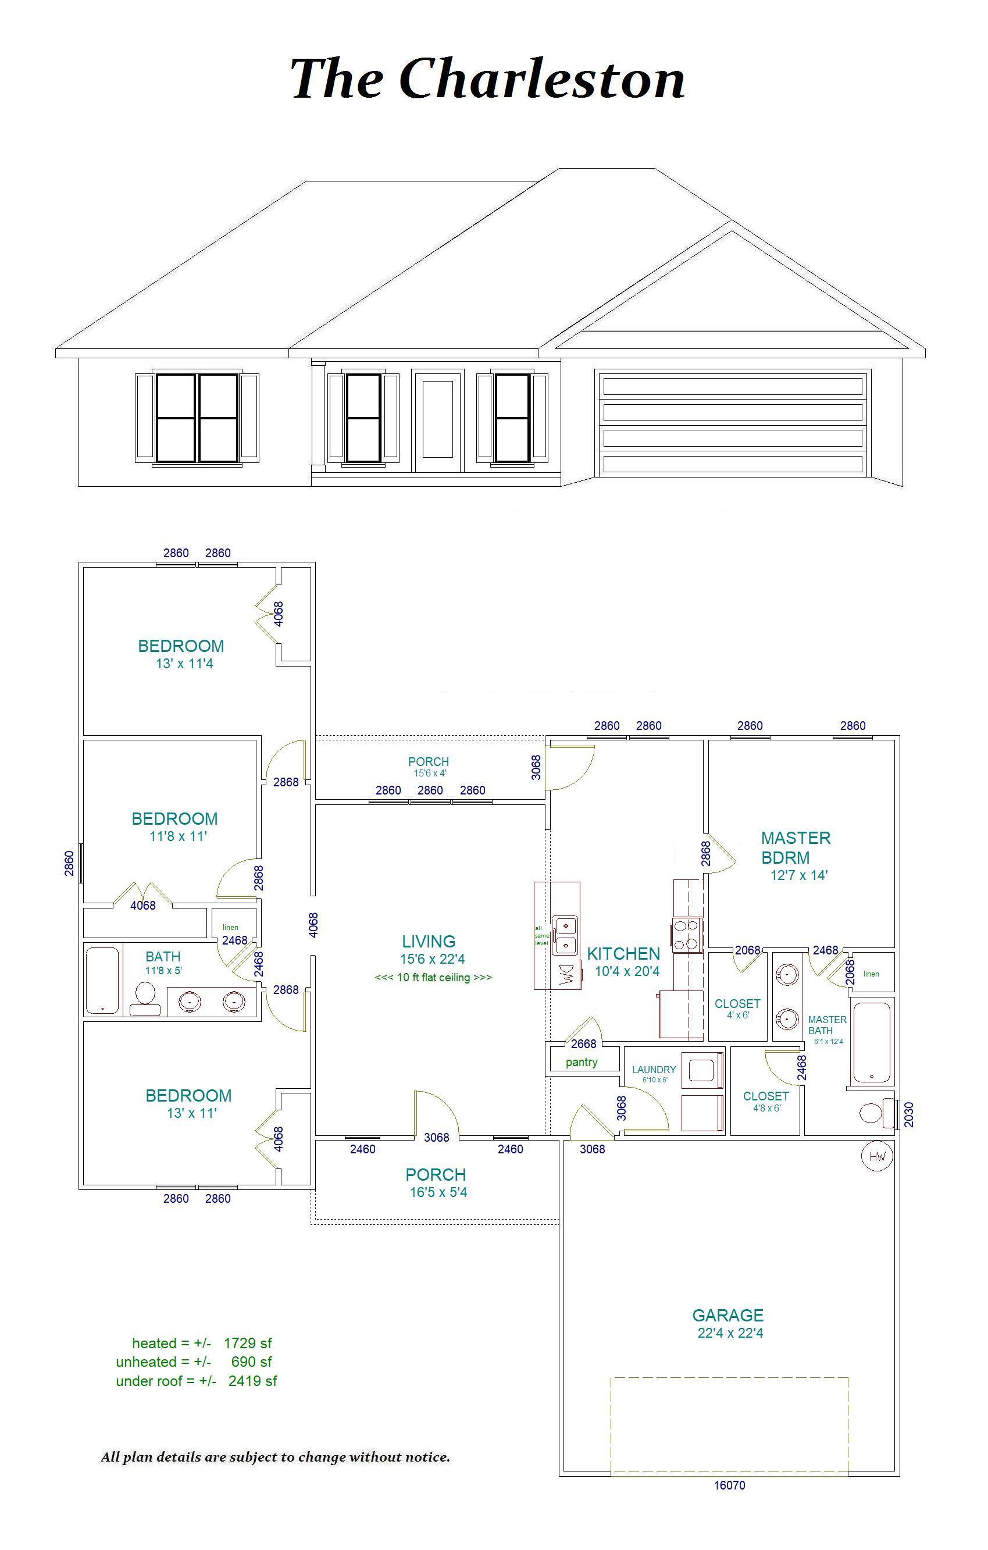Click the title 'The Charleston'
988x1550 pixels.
click(x=487, y=79)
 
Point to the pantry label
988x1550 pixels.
click(x=581, y=1062)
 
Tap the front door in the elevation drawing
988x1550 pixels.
click(x=438, y=422)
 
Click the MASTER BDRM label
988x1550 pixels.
click(x=796, y=848)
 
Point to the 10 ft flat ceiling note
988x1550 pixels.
click(x=433, y=977)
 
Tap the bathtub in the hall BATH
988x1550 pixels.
click(x=102, y=981)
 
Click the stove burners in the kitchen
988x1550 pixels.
click(x=687, y=935)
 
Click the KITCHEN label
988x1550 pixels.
click(x=623, y=954)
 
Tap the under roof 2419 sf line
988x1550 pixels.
click(x=197, y=1381)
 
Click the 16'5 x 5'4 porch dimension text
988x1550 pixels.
click(x=438, y=1192)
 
